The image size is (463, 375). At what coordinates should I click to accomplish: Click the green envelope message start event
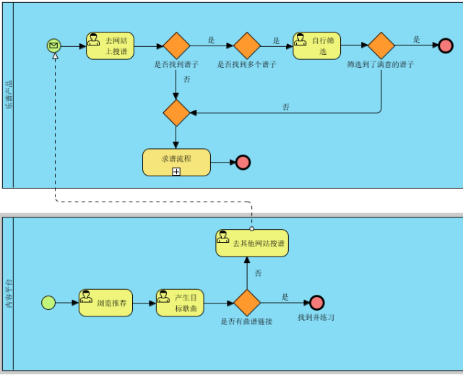tap(53, 46)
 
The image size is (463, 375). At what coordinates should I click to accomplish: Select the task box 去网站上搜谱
tap(110, 46)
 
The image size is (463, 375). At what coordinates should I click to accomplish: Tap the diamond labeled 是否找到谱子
tap(176, 46)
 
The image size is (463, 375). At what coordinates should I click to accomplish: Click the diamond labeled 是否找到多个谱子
tap(247, 46)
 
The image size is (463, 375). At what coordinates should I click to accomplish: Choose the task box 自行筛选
tap(316, 46)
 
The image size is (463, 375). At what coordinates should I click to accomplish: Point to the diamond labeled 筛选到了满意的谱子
tap(381, 46)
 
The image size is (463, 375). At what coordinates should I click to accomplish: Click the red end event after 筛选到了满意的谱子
tap(446, 46)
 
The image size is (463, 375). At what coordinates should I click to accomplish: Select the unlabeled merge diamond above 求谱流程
tap(176, 113)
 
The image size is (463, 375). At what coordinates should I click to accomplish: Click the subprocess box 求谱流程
tap(176, 161)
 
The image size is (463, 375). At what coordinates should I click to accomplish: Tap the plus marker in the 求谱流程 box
tap(176, 171)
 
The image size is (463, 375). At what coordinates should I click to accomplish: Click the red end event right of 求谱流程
tap(243, 162)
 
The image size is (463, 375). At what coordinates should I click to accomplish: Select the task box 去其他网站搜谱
tap(251, 243)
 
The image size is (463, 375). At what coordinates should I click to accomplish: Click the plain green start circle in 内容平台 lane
tap(48, 303)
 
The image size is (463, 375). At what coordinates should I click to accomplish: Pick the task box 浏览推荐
tap(105, 303)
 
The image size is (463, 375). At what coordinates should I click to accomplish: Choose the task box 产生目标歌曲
tap(180, 303)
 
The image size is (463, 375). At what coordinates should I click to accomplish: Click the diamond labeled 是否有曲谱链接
tap(247, 303)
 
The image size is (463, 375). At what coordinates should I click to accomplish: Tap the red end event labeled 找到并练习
tap(316, 303)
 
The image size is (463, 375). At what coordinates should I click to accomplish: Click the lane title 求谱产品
tap(9, 94)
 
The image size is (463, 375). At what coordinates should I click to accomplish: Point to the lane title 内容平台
tap(9, 295)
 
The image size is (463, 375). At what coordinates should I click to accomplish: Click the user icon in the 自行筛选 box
tap(300, 39)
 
